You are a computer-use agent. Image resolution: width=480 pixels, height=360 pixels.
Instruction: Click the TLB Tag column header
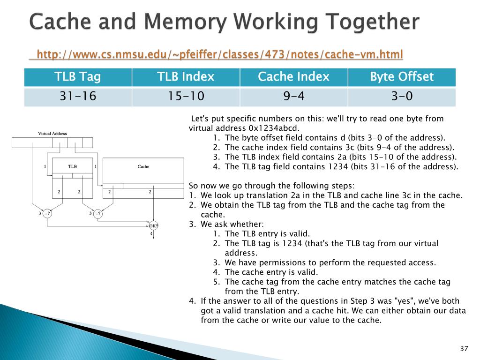point(78,77)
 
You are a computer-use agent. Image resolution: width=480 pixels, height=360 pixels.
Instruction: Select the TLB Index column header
point(186,77)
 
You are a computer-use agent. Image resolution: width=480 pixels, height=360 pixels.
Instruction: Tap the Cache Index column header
point(293,77)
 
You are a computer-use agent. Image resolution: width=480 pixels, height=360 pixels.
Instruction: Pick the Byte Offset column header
point(402,77)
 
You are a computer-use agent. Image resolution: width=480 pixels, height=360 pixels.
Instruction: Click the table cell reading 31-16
point(78,97)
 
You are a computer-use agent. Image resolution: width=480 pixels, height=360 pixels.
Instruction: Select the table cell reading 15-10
point(186,97)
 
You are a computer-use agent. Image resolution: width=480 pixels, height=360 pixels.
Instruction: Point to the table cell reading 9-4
point(293,97)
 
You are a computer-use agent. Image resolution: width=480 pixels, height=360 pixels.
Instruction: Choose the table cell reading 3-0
point(402,97)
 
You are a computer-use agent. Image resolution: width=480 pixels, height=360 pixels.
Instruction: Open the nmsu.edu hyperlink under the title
point(219,55)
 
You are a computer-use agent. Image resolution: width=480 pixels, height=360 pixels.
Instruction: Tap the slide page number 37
point(465,348)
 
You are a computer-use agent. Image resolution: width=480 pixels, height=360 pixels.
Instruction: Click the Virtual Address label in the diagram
point(52,134)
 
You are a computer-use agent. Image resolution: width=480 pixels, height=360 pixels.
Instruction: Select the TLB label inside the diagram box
point(73,166)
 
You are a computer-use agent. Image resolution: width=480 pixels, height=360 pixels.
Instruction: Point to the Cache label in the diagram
point(143,166)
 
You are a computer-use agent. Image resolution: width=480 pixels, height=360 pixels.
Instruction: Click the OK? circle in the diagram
point(154,225)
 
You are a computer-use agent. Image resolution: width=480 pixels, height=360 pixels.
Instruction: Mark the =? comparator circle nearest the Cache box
point(97,214)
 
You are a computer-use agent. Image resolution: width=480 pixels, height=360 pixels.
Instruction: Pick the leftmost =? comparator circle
point(47,214)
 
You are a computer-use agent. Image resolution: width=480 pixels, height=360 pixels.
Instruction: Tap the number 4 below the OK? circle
point(151,233)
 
